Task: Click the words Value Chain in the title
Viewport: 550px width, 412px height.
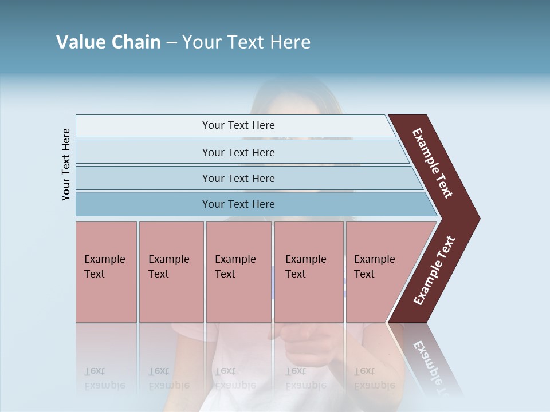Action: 108,42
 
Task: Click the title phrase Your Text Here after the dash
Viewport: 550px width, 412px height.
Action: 246,42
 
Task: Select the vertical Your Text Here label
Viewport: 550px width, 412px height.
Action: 66,164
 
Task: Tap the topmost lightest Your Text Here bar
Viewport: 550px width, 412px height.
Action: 238,125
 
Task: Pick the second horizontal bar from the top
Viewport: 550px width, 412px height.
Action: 238,152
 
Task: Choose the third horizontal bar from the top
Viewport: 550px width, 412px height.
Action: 238,178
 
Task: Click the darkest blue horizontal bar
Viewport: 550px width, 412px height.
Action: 238,204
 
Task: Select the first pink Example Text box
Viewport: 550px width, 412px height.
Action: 106,272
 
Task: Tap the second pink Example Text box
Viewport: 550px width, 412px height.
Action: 171,272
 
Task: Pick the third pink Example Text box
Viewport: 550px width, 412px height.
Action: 238,272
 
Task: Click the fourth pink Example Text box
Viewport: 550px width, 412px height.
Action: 308,272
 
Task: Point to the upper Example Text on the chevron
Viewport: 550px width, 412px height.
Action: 433,163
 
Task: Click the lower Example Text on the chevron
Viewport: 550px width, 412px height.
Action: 434,270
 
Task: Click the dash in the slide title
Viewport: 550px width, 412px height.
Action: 171,43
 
